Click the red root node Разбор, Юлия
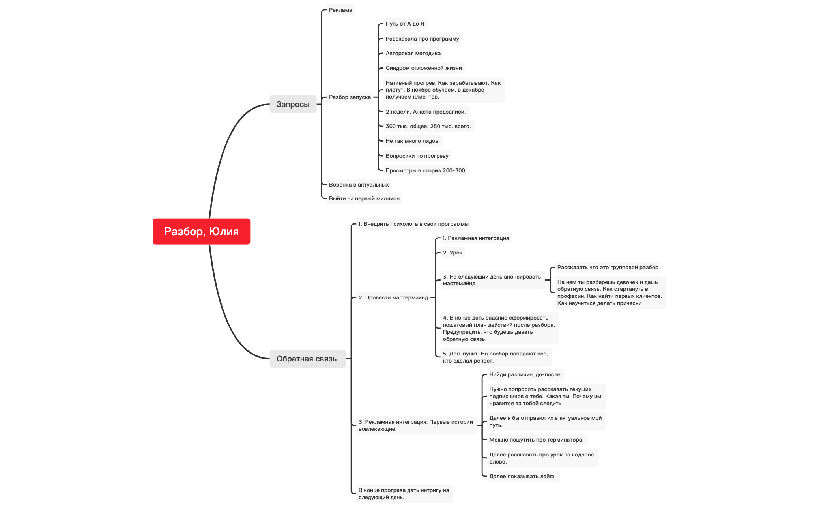201,231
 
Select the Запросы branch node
293,104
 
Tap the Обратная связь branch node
307,359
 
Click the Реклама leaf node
340,10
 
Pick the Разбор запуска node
350,97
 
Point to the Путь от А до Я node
405,24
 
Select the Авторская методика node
413,53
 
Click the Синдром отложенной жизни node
423,68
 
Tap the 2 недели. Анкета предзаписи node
425,112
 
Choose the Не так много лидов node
412,141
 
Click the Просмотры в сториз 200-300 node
425,170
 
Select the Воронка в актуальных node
359,185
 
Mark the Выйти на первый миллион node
364,198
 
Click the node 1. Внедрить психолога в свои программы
413,224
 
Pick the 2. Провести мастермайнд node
393,297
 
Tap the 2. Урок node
452,253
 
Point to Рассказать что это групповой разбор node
608,267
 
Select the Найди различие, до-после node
525,374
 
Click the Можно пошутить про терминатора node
536,440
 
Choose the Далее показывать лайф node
522,476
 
